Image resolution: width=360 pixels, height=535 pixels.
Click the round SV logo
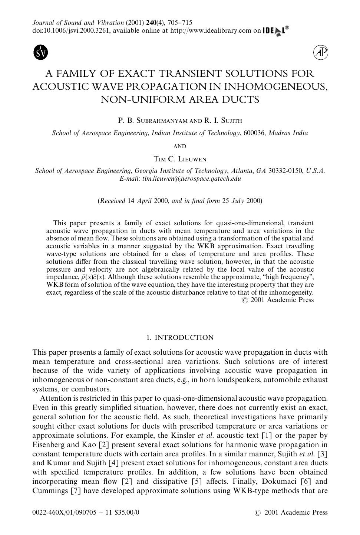tap(41, 52)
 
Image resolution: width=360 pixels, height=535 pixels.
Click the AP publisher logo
tap(321, 53)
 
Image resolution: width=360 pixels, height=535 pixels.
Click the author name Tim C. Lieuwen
tap(180, 159)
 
